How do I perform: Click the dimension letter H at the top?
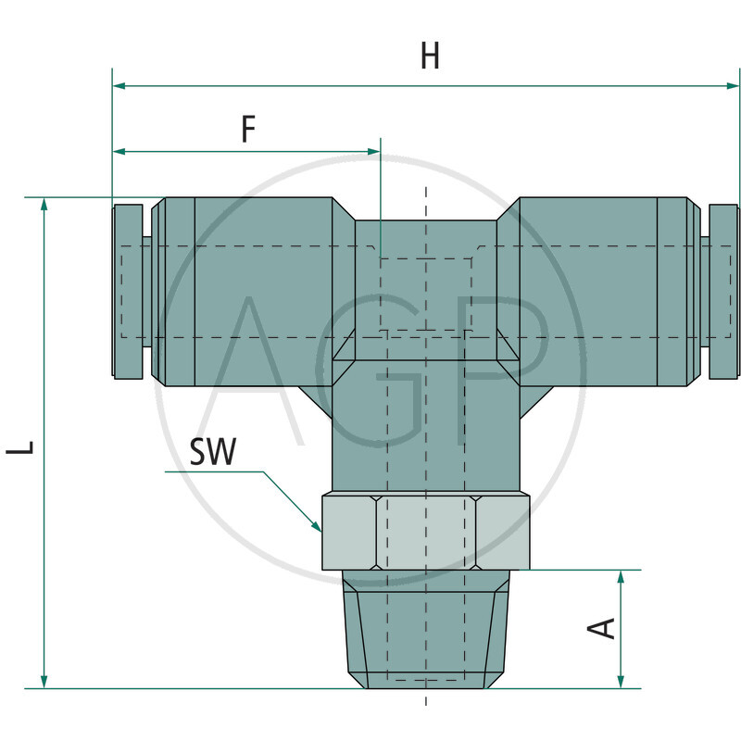tap(430, 57)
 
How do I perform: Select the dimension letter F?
tap(247, 129)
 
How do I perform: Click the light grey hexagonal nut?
tap(425, 532)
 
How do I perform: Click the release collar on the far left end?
tap(128, 291)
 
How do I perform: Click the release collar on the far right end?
tap(723, 291)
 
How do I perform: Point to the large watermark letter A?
tap(269, 370)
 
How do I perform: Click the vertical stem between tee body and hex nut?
tap(425, 435)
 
